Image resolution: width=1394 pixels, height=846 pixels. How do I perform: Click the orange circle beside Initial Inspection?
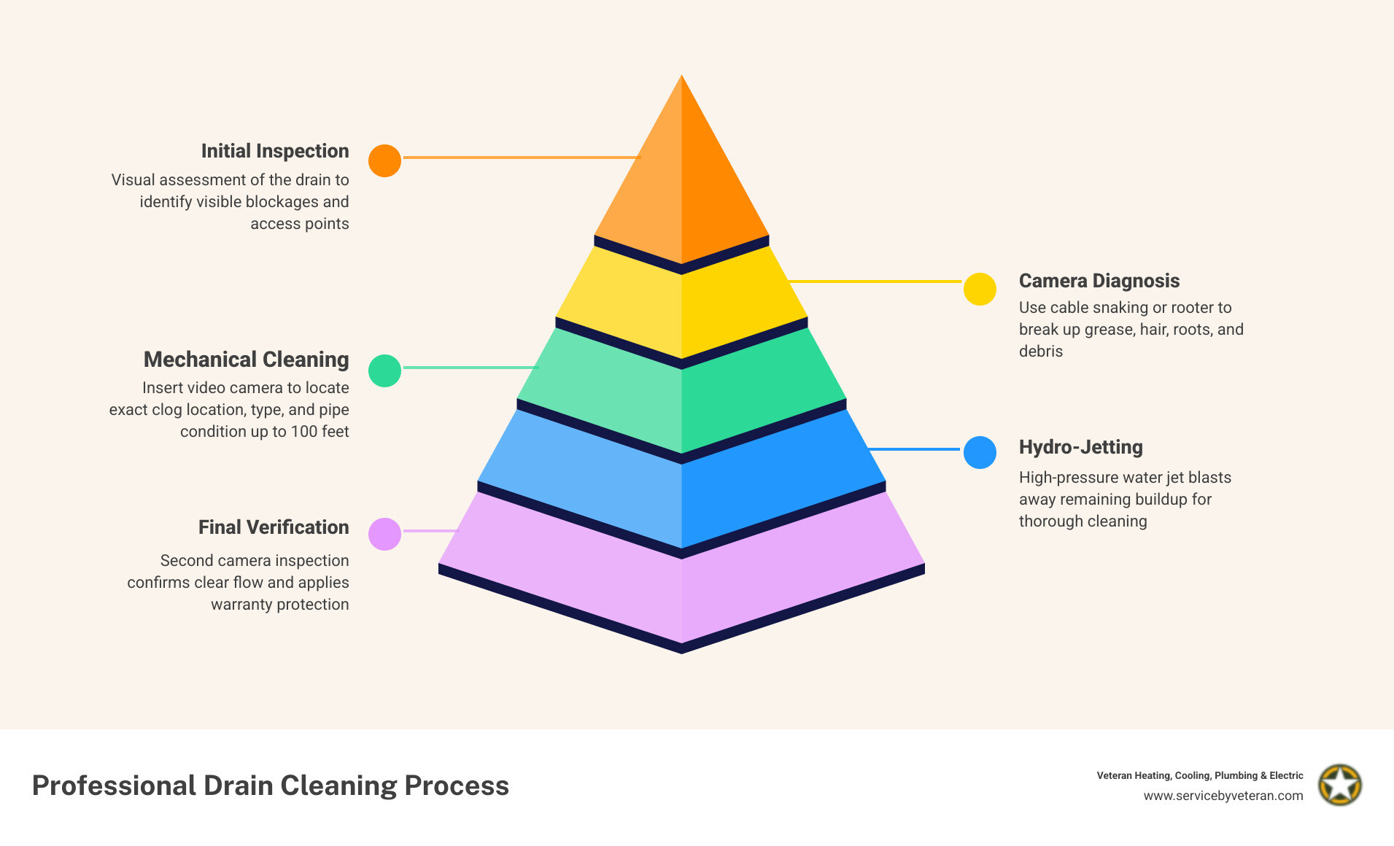pyautogui.click(x=384, y=160)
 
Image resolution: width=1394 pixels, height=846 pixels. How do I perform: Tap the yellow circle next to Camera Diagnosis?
pyautogui.click(x=980, y=290)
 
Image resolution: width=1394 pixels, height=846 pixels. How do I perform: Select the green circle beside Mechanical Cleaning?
pyautogui.click(x=384, y=370)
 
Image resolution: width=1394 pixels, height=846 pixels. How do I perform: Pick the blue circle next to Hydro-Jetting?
pyautogui.click(x=980, y=452)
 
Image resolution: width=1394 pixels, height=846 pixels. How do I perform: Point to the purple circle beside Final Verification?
pyautogui.click(x=384, y=534)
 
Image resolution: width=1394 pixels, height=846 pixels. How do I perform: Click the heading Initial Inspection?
pyautogui.click(x=275, y=151)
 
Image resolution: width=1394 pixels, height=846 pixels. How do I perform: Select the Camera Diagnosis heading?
pyautogui.click(x=1099, y=281)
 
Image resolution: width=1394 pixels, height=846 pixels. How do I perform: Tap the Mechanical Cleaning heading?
pyautogui.click(x=247, y=360)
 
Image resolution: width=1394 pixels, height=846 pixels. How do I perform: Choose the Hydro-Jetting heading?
pyautogui.click(x=1080, y=447)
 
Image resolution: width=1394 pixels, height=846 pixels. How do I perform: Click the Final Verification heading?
pyautogui.click(x=274, y=527)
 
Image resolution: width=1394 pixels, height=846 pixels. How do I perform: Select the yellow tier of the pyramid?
pyautogui.click(x=681, y=306)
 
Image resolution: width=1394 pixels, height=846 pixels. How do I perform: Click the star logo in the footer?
pyautogui.click(x=1340, y=785)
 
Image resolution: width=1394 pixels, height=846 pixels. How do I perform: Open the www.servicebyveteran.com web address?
pyautogui.click(x=1223, y=796)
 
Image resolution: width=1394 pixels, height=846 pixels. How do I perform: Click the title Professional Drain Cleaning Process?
pyautogui.click(x=271, y=785)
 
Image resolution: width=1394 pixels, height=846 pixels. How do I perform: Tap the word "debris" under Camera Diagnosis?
pyautogui.click(x=1041, y=352)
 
